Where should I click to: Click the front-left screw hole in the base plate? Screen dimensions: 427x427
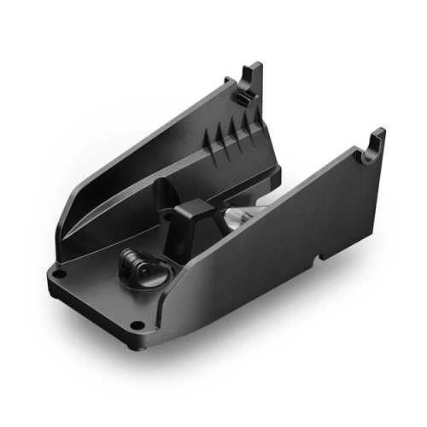pos(61,274)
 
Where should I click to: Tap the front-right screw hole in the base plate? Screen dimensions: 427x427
pos(137,325)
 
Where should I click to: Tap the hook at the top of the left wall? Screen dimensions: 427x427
pos(251,78)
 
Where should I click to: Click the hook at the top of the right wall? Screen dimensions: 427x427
pos(375,141)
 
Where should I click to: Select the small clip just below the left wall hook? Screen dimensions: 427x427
pos(242,100)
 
